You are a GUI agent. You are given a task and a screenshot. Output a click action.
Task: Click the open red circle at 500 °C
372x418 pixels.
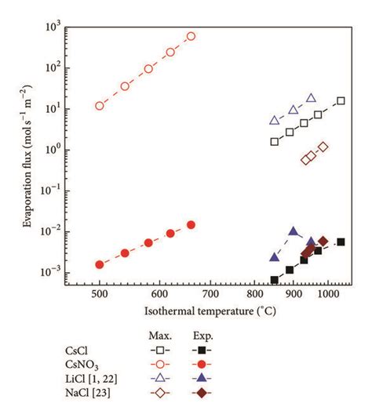[100, 106]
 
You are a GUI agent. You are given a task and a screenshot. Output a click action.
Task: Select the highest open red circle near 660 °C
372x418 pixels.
[191, 36]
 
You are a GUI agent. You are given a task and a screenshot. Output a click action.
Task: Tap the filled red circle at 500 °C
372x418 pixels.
[100, 265]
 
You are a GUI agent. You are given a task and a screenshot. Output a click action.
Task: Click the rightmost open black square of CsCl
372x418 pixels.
[341, 100]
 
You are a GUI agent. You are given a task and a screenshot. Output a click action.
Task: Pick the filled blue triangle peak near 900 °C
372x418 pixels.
[294, 231]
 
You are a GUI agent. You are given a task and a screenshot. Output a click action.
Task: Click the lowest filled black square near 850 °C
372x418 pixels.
[275, 280]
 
